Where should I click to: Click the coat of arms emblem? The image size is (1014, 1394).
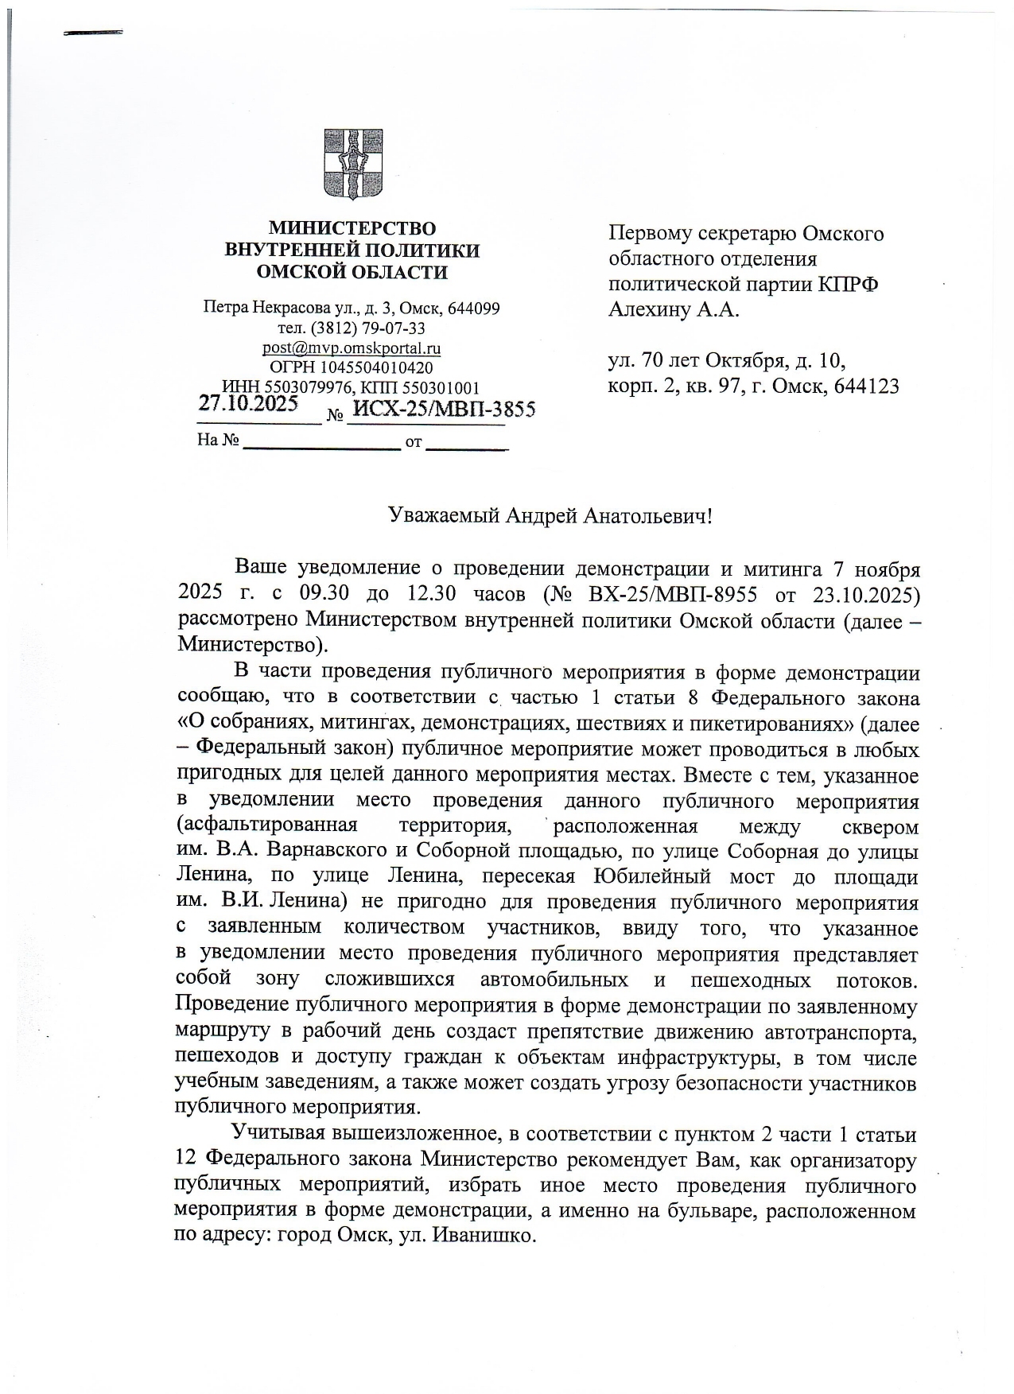click(351, 165)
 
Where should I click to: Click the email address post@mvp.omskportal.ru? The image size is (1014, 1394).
click(352, 348)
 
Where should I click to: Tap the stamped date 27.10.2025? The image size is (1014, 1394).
click(247, 403)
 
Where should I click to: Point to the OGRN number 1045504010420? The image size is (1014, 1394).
click(376, 368)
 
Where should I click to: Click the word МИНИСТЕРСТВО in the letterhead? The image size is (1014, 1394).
click(352, 229)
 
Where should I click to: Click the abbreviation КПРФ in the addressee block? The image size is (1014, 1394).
click(849, 285)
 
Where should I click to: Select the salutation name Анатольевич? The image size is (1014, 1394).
click(643, 516)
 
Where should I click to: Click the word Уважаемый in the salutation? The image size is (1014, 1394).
click(442, 516)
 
